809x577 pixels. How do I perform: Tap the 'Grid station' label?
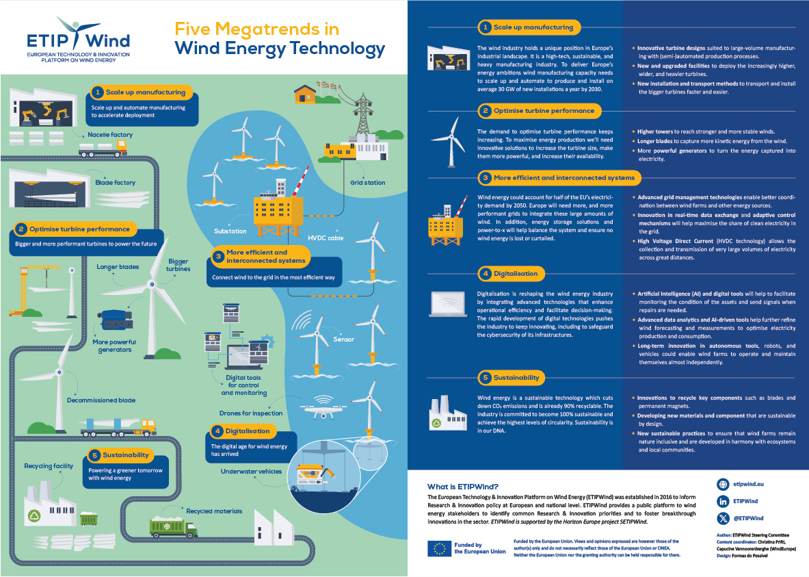(367, 182)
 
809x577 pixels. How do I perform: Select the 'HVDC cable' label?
(326, 238)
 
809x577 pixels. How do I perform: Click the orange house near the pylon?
(305, 94)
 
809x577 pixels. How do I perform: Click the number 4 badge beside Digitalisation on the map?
(217, 431)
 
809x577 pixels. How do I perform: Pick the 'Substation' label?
(230, 231)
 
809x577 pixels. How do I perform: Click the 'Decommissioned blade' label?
(101, 400)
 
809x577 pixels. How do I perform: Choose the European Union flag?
(439, 548)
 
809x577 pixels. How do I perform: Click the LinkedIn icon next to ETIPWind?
(723, 501)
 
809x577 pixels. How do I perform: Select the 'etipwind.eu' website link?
(748, 484)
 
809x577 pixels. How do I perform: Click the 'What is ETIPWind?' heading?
(463, 487)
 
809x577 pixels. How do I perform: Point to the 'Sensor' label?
(343, 339)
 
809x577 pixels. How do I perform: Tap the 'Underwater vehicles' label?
(251, 472)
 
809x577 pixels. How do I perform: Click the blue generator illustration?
(114, 319)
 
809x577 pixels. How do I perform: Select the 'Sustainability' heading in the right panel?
(516, 378)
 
